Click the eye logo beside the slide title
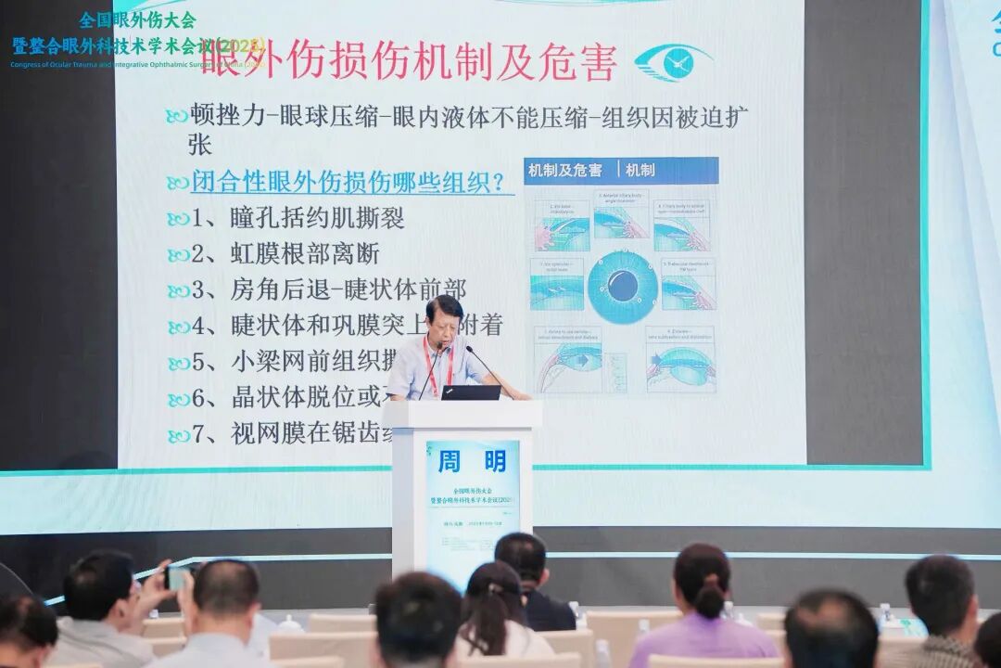674,62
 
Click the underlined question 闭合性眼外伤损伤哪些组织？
352,182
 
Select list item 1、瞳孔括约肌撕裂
298,218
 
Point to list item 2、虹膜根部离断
285,253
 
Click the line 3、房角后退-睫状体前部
328,289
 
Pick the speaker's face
444,320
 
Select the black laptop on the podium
471,392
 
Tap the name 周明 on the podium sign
473,461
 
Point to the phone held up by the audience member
175,577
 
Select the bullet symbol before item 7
178,435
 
